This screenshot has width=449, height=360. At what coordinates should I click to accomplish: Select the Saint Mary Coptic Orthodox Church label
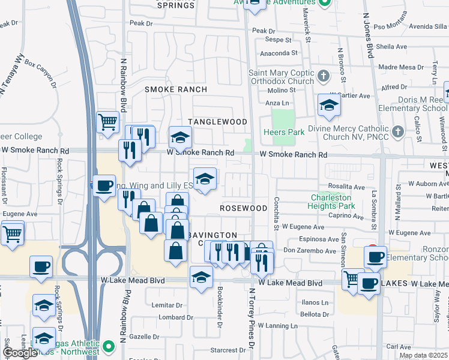pos(282,77)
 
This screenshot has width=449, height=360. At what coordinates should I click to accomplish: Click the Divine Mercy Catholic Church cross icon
pos(397,131)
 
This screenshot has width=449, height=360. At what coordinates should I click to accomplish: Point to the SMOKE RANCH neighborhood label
pos(176,89)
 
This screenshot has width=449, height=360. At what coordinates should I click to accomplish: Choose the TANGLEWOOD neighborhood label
pos(217,122)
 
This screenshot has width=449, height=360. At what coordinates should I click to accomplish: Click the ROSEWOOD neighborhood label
pos(243,208)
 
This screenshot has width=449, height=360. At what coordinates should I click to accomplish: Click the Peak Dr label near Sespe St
pos(264,31)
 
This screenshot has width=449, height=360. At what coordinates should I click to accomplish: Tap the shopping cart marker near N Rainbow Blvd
pos(108,122)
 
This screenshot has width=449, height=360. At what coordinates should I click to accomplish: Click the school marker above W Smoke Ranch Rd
pos(179,138)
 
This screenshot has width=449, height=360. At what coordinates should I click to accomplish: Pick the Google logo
pos(20,352)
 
